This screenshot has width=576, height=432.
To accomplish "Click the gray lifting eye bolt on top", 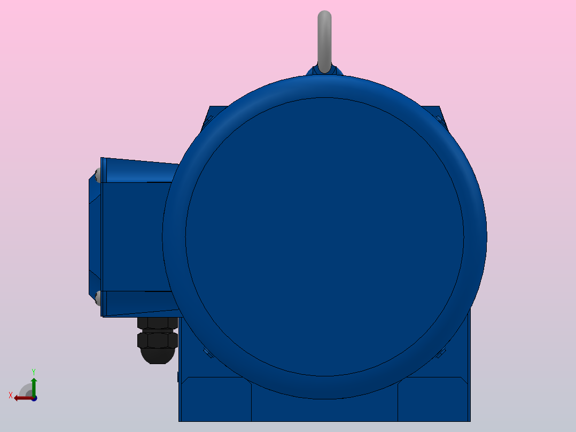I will (324, 37).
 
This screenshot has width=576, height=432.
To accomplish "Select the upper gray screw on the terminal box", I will (98, 175).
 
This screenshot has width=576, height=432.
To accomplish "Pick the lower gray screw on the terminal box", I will (98, 298).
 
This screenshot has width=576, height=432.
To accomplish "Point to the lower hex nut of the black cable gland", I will (157, 340).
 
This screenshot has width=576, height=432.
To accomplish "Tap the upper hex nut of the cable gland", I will (157, 322).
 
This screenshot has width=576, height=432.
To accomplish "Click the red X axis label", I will (10, 396).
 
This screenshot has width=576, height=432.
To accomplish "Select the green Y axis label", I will (34, 371).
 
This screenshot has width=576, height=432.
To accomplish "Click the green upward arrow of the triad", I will (34, 385).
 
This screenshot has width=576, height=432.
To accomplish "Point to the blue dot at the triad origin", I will (34, 398).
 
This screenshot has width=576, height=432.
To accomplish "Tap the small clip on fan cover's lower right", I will (442, 352).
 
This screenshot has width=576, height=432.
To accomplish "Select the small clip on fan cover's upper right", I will (439, 119).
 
